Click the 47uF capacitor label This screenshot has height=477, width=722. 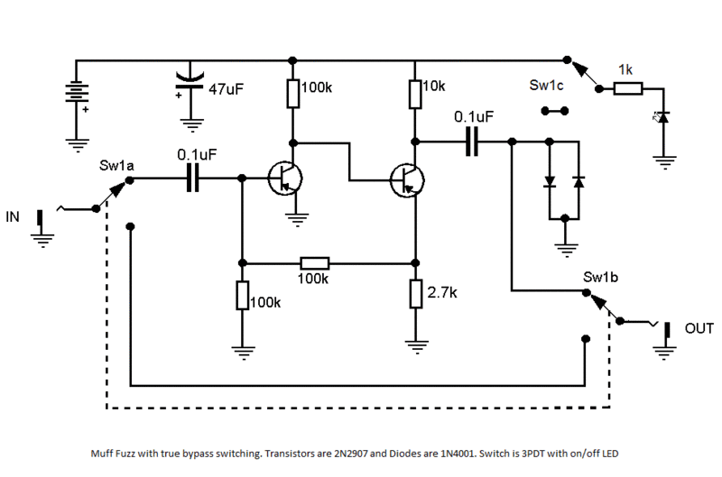(x=226, y=88)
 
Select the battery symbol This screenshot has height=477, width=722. (x=77, y=92)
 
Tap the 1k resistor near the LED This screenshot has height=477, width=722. (x=628, y=88)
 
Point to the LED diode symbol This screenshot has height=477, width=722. (x=663, y=117)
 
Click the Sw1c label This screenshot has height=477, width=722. (x=546, y=85)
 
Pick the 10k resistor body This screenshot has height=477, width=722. (x=415, y=95)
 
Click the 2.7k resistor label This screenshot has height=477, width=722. (x=442, y=292)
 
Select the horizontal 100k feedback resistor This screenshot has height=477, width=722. (x=314, y=263)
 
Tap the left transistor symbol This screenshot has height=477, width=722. (x=285, y=178)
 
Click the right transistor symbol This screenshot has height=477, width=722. (x=407, y=180)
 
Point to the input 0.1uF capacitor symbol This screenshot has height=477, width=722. (x=193, y=178)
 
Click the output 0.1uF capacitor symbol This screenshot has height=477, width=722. (x=472, y=142)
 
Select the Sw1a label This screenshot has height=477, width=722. (x=116, y=166)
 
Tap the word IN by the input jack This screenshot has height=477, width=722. (x=13, y=216)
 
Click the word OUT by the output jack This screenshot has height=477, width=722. (x=699, y=328)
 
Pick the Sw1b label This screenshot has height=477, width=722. (x=600, y=277)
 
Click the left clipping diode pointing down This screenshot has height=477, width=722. (x=550, y=181)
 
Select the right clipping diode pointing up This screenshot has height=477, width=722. (x=579, y=181)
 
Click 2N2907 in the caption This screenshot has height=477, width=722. (x=351, y=454)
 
